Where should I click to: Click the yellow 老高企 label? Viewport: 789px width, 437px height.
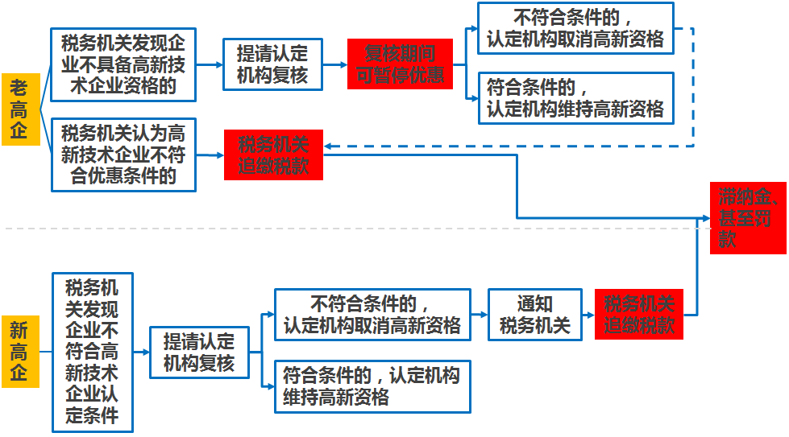point(19,109)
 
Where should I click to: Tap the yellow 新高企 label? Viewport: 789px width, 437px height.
point(19,352)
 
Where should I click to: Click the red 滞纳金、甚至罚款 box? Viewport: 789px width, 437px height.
point(747,218)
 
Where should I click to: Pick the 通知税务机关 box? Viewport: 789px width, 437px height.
point(534,315)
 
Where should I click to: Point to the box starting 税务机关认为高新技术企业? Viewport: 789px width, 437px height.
point(123,155)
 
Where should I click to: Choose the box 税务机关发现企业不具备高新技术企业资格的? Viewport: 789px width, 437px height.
point(123,65)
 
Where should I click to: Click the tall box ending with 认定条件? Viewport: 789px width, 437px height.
point(92,352)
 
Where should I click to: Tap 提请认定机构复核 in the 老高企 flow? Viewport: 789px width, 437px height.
point(272,65)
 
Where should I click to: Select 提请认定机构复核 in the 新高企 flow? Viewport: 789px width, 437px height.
point(199,352)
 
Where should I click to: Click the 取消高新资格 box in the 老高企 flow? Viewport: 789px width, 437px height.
point(575,28)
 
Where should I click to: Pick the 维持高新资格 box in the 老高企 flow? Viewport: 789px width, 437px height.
point(575,97)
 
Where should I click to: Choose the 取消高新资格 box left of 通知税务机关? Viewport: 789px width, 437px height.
point(372,315)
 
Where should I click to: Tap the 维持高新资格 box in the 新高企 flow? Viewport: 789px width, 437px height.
point(372,386)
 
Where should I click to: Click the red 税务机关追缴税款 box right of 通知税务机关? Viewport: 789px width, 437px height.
point(639,315)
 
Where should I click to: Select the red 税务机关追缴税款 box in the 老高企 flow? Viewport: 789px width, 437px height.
point(273,155)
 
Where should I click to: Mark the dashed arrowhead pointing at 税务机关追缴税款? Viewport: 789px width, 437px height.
point(330,146)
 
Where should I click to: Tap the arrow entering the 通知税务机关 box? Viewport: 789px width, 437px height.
point(480,315)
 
